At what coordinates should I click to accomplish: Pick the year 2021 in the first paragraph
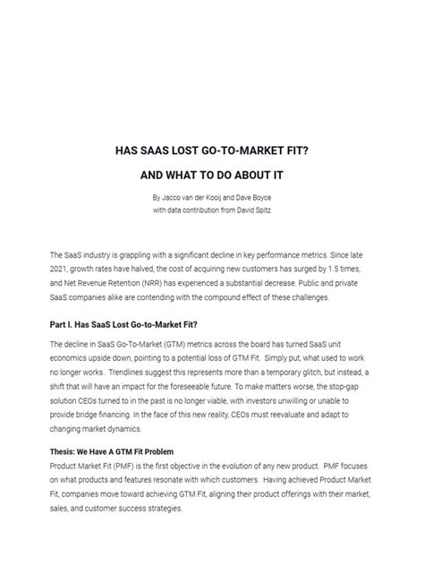coord(63,270)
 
